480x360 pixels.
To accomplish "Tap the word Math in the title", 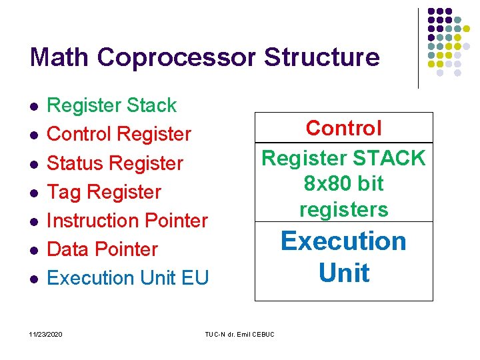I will (59, 57).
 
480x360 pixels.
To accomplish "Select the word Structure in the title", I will (322, 57).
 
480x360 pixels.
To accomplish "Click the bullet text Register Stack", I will (112, 105).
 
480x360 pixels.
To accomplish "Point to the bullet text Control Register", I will (119, 134).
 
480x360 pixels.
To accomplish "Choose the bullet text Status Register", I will (115, 163).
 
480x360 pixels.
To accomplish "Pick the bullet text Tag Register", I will (105, 192).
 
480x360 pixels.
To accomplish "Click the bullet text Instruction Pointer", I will (128, 221).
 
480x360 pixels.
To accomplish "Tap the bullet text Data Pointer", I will (103, 249).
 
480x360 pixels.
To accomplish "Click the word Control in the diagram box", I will (344, 128).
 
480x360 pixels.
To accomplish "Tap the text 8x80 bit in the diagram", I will (344, 183).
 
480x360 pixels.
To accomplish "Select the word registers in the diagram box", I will (344, 209).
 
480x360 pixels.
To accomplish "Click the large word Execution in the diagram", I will (344, 241).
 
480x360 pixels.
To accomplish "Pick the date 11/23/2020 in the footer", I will (47, 333).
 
